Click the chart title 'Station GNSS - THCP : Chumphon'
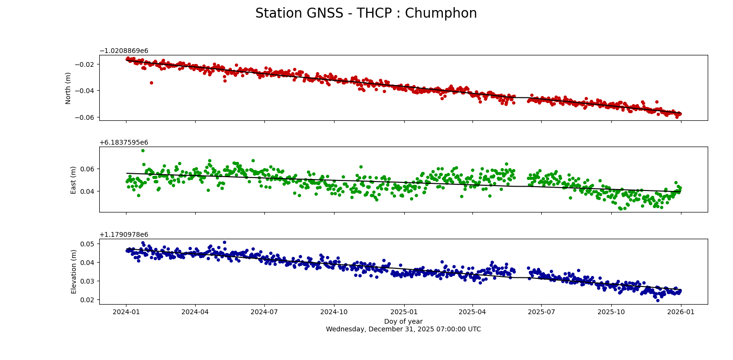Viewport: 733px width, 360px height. pos(366,13)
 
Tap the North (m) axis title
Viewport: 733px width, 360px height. pos(68,88)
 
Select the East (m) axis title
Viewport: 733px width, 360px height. pos(73,180)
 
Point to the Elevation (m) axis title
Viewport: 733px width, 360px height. pos(73,271)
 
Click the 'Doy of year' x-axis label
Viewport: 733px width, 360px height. pos(403,322)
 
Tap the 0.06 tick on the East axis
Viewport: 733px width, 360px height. pos(88,169)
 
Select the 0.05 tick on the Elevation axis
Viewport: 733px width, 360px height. pos(88,244)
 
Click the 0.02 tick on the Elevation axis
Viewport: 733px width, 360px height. pos(88,300)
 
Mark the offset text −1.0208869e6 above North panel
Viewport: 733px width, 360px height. pos(124,51)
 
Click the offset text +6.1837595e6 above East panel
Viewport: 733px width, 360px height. pos(124,143)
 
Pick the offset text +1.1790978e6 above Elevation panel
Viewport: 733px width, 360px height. pos(124,235)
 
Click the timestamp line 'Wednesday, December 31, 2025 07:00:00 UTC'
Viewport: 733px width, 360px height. pos(403,329)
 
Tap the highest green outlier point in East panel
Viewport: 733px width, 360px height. pos(143,151)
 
